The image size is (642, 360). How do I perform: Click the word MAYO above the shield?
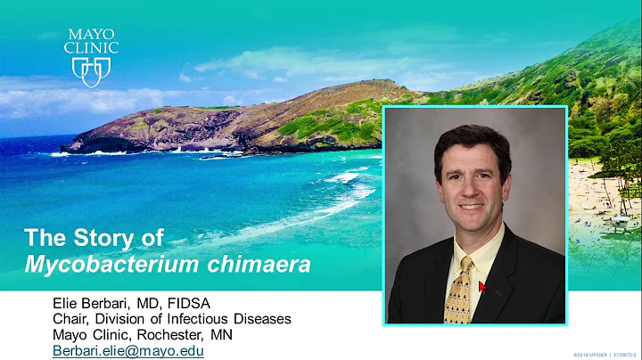92,35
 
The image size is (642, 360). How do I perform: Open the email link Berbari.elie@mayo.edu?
128,351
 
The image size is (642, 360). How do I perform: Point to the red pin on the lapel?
482,287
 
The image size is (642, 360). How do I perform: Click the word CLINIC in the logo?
92,47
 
